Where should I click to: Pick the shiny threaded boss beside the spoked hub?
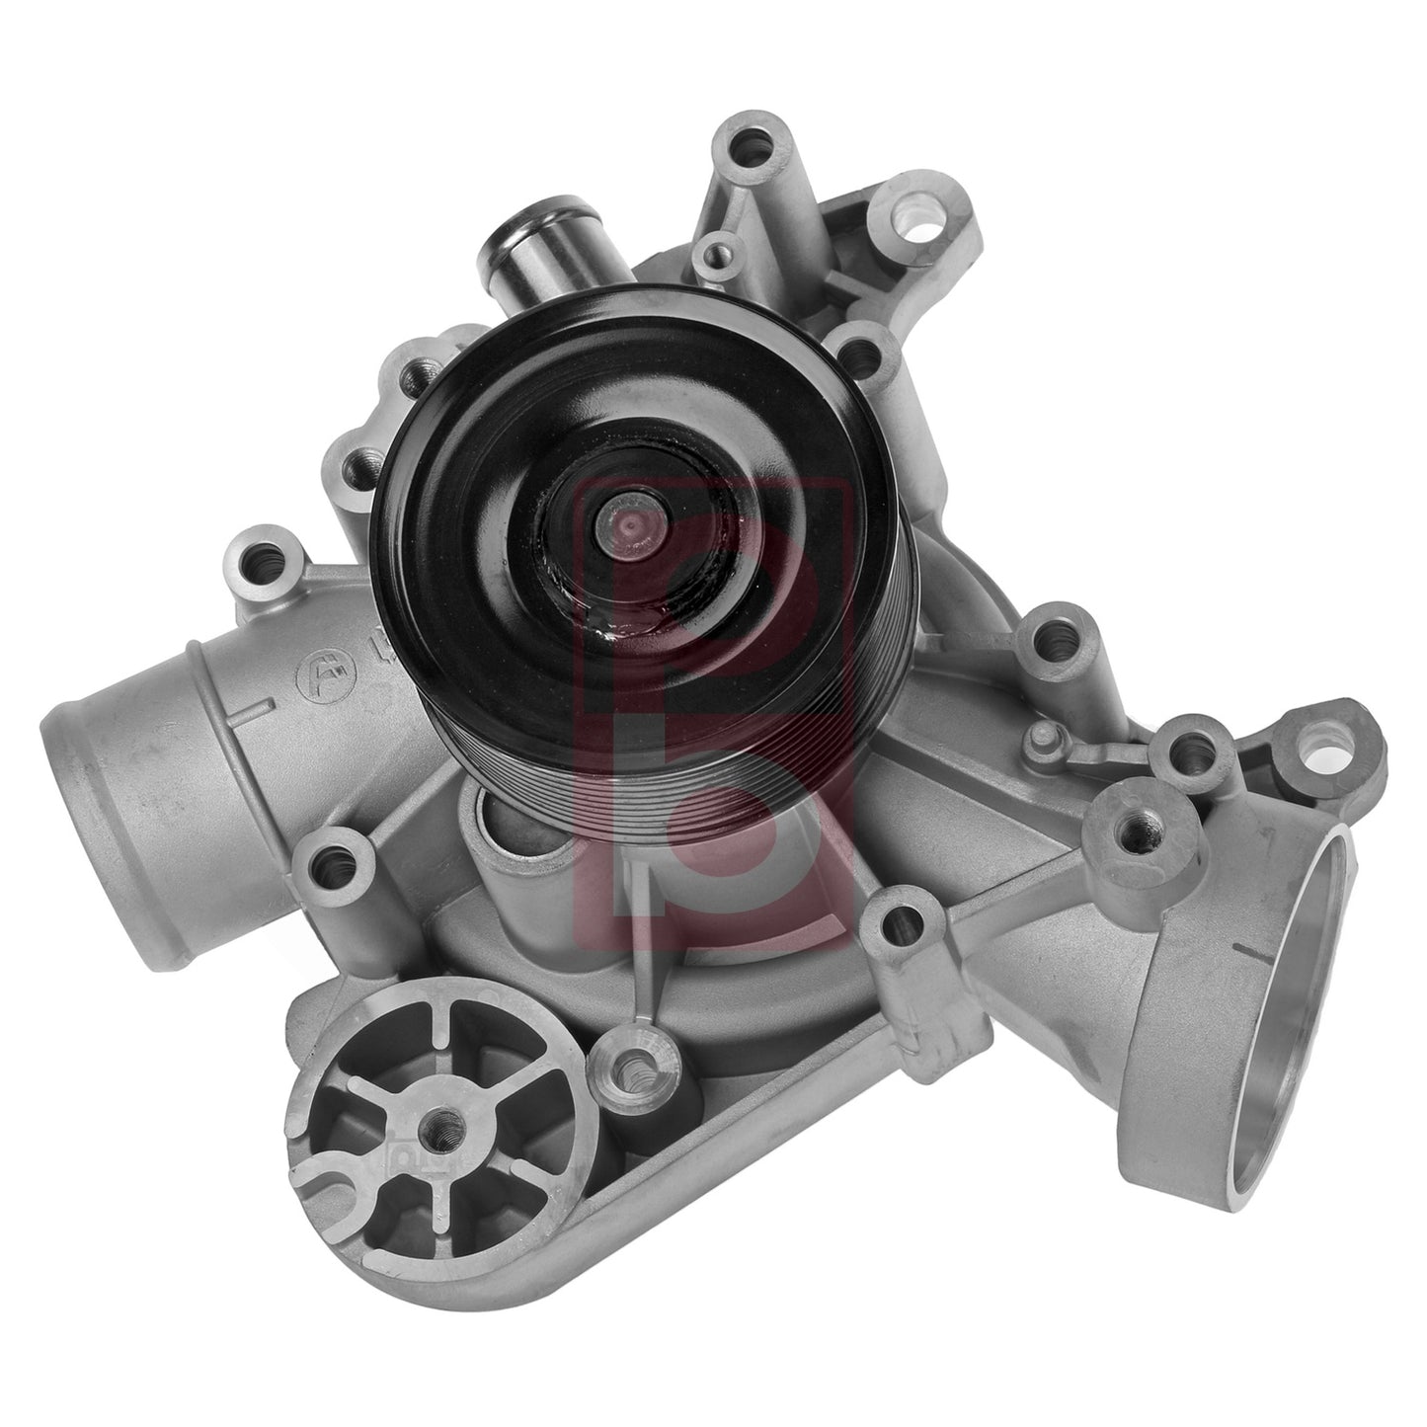[628, 1065]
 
